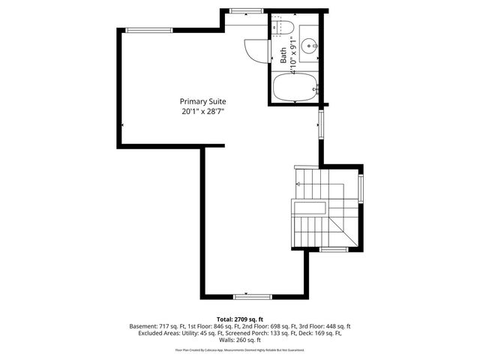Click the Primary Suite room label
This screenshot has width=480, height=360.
pyautogui.click(x=202, y=101)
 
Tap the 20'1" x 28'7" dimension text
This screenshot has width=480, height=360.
pyautogui.click(x=202, y=111)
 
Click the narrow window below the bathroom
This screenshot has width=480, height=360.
pyautogui.click(x=320, y=123)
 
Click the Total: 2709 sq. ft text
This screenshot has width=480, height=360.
pyautogui.click(x=239, y=319)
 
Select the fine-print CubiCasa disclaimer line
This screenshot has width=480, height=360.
pyautogui.click(x=239, y=349)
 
